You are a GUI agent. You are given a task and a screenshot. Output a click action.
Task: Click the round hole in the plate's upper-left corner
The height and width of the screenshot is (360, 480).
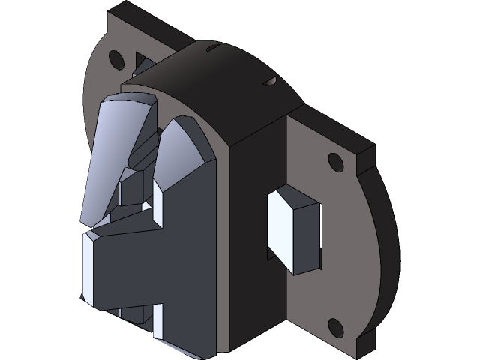pyautogui.click(x=115, y=58)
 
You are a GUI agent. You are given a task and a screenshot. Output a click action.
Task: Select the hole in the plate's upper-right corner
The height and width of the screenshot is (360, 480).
pyautogui.click(x=334, y=160)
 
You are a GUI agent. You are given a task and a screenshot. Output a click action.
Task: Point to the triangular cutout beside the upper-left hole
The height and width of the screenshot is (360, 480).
pyautogui.click(x=139, y=60)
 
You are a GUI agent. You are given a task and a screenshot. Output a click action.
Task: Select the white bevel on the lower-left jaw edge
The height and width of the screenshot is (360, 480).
pyautogui.click(x=87, y=266)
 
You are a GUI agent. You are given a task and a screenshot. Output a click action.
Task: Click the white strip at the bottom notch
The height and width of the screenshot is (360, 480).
pyautogui.click(x=157, y=321)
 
